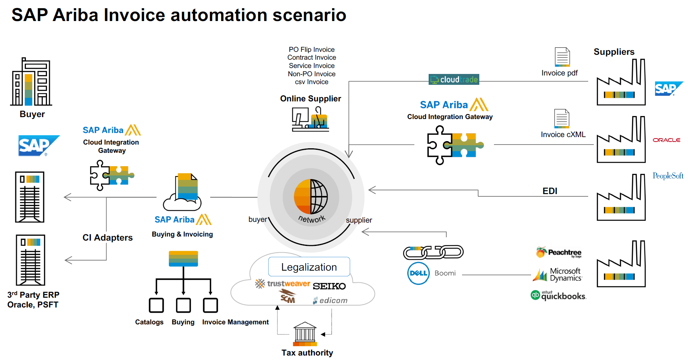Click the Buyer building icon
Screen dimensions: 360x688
pyautogui.click(x=31, y=82)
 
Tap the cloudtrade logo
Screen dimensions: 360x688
pyautogui.click(x=454, y=80)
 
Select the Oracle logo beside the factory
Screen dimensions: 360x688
pyautogui.click(x=666, y=140)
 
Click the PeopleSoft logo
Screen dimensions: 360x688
pyautogui.click(x=668, y=176)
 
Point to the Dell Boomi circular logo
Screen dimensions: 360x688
pyautogui.click(x=418, y=273)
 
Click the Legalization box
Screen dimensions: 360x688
pyautogui.click(x=309, y=267)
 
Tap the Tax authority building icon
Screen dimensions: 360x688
pyautogui.click(x=305, y=334)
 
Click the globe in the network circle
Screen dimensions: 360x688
pyautogui.click(x=311, y=197)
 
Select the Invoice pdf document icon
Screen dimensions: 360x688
pyautogui.click(x=562, y=57)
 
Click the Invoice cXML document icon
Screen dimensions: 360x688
pyautogui.click(x=562, y=119)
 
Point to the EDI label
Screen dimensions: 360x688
pyautogui.click(x=549, y=191)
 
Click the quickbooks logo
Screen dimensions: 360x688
pyautogui.click(x=559, y=295)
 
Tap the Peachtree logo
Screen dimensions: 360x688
pyautogui.click(x=559, y=252)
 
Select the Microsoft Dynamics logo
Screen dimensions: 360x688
pyautogui.click(x=558, y=275)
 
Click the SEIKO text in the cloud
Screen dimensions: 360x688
pyautogui.click(x=329, y=286)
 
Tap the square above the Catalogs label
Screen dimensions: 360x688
pyautogui.click(x=156, y=305)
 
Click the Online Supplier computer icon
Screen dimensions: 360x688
pyautogui.click(x=310, y=119)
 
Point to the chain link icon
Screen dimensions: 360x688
pyautogui.click(x=433, y=252)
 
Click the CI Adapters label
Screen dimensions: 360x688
pyautogui.click(x=107, y=238)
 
